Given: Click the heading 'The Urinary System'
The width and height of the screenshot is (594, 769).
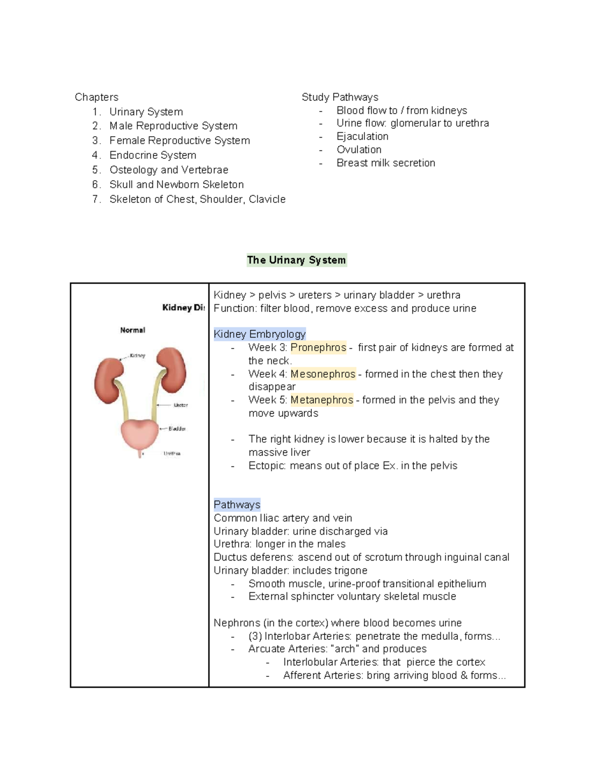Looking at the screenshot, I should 297,260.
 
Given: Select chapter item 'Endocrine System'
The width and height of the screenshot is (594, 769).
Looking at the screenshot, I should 152,155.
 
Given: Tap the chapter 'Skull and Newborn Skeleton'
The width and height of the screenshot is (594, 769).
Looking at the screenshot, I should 176,185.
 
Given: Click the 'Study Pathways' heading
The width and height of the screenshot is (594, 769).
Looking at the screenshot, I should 340,97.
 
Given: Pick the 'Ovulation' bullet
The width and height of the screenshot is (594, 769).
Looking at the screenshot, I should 359,150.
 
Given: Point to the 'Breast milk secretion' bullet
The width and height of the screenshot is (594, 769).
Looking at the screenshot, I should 386,163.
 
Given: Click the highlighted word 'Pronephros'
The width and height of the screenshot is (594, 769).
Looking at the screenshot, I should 318,348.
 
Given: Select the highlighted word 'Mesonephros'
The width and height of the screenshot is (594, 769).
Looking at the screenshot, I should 323,374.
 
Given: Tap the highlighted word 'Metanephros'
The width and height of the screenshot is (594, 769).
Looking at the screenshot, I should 322,400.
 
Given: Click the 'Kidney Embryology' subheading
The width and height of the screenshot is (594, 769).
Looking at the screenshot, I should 259,334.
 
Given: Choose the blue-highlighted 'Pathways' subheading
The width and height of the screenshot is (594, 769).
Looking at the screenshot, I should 237,505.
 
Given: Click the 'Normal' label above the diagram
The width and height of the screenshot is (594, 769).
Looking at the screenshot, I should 132,330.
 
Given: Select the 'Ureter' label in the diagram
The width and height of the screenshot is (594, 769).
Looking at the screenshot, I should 181,405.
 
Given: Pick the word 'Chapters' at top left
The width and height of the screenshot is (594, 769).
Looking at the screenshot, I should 97,97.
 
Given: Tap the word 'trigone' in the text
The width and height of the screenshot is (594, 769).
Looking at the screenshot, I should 350,570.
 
